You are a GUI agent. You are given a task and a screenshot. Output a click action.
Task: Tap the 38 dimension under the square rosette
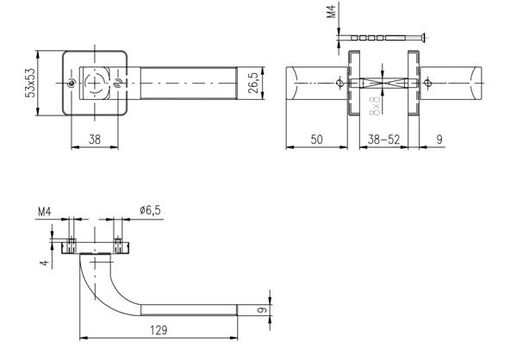[x=95, y=139]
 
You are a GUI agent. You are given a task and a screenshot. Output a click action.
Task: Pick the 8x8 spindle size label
[x=375, y=106]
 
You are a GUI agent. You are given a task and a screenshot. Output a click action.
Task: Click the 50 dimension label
[x=316, y=139]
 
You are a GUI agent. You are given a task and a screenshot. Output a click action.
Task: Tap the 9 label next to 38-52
[x=441, y=139]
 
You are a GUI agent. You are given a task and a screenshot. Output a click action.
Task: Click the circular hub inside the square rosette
[x=94, y=84]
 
